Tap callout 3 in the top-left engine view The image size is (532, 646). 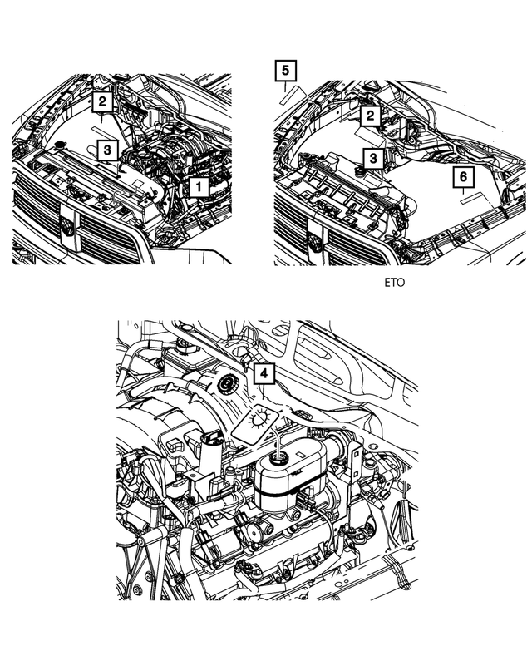pos(106,150)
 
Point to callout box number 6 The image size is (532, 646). pos(464,176)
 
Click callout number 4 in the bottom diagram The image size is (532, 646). pos(263,375)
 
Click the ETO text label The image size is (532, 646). pos(395,284)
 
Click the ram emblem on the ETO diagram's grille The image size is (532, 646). pos(314,242)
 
